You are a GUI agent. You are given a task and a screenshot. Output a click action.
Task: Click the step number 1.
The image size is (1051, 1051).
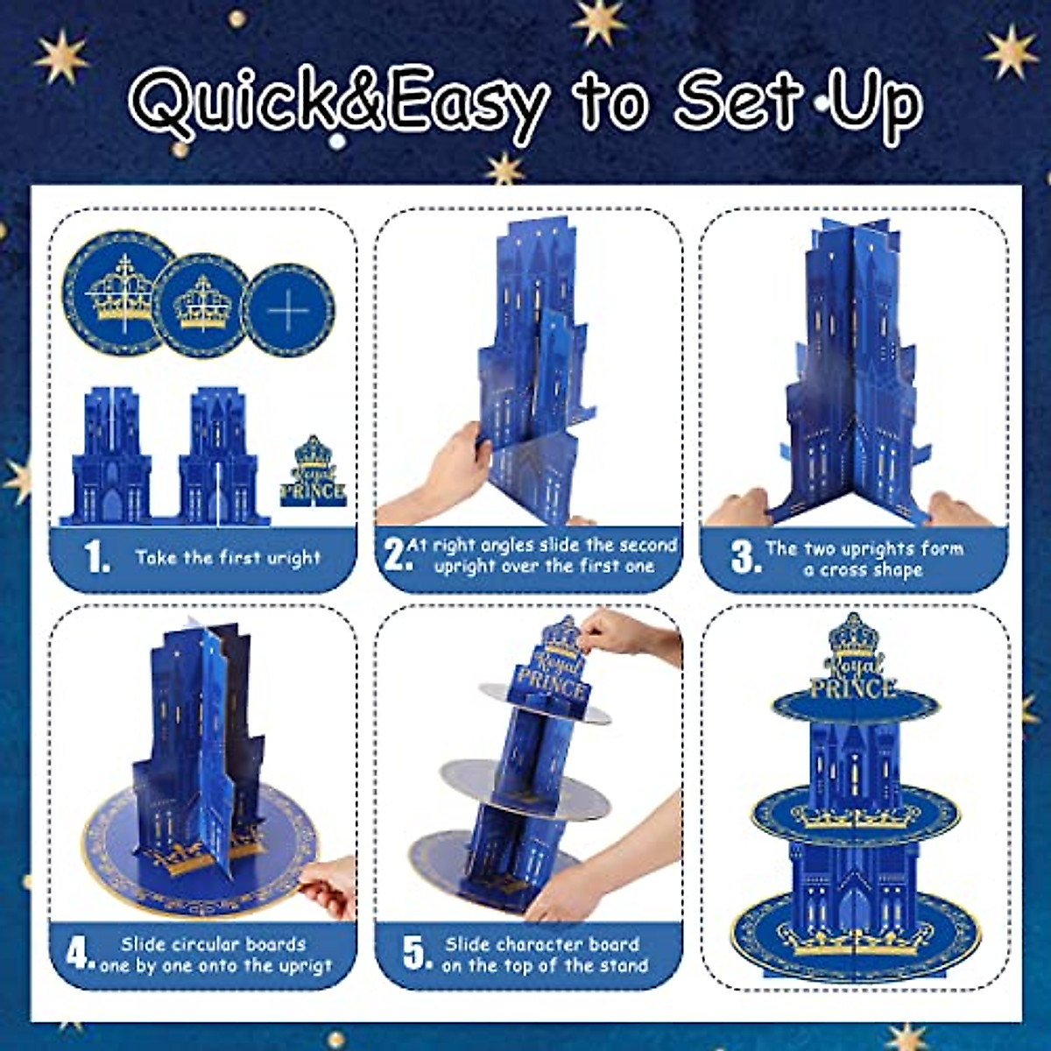[97, 558]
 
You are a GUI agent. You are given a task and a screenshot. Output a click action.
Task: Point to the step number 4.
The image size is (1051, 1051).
[81, 954]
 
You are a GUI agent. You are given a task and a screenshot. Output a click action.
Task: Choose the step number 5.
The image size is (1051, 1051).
[417, 954]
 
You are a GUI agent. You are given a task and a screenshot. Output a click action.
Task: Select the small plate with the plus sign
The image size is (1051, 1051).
[288, 310]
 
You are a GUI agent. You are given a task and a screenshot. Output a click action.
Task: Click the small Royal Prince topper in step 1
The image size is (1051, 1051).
[313, 472]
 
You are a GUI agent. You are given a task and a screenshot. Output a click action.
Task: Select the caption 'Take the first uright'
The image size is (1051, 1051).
[228, 558]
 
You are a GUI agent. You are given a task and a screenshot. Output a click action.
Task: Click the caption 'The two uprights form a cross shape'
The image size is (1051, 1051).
[864, 559]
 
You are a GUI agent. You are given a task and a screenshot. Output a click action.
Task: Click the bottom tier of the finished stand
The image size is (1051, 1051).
[854, 928]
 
